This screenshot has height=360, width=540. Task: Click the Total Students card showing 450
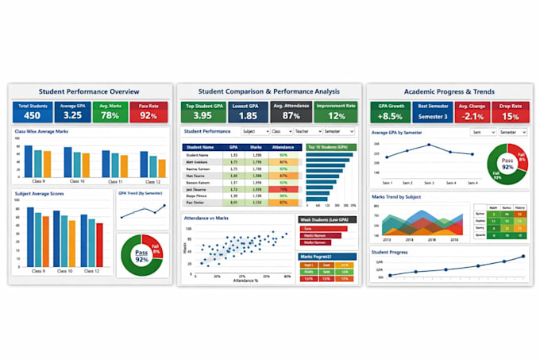tap(32, 112)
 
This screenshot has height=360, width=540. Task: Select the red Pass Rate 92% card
tap(149, 112)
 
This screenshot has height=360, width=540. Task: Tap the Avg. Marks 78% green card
tap(110, 112)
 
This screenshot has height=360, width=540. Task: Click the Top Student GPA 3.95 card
tap(202, 112)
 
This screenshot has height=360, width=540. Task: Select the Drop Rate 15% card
tap(511, 112)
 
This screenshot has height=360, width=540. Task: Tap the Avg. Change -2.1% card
tap(471, 112)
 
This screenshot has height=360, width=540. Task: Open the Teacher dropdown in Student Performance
tap(308, 131)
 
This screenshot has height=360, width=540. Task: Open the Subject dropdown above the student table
tap(254, 131)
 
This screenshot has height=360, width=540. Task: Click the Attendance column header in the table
tap(283, 147)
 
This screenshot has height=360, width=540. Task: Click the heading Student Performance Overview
tap(89, 91)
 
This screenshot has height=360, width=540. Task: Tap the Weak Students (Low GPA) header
tap(327, 219)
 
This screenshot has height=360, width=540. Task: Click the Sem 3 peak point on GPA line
tap(429, 145)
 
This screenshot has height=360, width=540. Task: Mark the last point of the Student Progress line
tap(523, 257)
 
